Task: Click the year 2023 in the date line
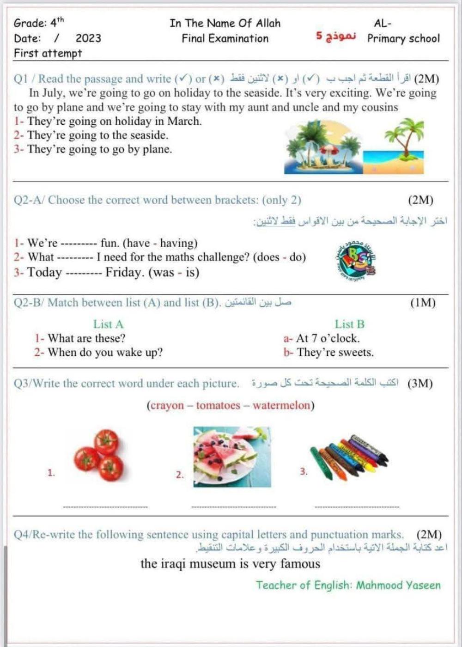click(x=88, y=38)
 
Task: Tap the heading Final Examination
click(x=225, y=38)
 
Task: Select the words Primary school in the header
click(x=403, y=38)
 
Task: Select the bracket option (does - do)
click(x=279, y=257)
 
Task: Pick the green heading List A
click(x=108, y=324)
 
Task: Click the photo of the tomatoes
click(x=100, y=455)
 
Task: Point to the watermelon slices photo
click(x=231, y=456)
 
